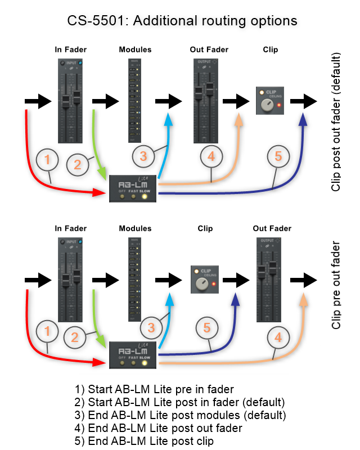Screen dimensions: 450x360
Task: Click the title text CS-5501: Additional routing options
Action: [x=181, y=21]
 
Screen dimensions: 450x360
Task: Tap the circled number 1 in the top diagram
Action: [x=47, y=160]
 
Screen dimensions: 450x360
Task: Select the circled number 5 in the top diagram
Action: [x=278, y=157]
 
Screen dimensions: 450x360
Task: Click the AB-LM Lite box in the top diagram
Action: [x=132, y=188]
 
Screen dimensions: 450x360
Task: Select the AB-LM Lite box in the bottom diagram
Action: [x=133, y=355]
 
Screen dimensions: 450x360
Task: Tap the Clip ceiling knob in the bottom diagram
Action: [x=201, y=284]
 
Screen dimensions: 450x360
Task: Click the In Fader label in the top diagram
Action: [x=70, y=50]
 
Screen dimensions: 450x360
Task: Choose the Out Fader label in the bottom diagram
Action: [x=272, y=228]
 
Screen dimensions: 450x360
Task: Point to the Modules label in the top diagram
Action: [x=135, y=50]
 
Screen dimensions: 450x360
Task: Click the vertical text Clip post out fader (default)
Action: [x=336, y=122]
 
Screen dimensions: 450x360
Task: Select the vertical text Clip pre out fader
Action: [x=336, y=285]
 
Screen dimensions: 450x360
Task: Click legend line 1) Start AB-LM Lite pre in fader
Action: [x=154, y=389]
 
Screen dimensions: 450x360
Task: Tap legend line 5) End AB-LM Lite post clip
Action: [x=144, y=440]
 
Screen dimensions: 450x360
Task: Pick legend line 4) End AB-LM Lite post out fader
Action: [x=158, y=427]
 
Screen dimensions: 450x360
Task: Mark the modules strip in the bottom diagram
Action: [x=135, y=280]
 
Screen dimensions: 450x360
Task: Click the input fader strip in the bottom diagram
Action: [x=70, y=280]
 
